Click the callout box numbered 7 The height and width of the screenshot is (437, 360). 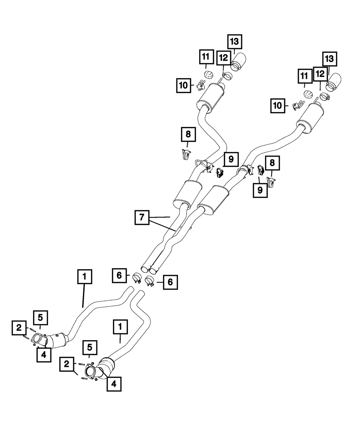click(x=142, y=217)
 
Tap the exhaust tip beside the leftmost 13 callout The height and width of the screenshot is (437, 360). click(x=238, y=62)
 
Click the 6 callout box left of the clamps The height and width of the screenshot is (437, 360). click(x=119, y=275)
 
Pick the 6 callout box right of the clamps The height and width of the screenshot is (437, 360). click(x=170, y=282)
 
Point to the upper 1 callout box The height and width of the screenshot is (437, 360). click(x=85, y=277)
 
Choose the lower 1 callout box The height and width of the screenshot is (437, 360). click(x=120, y=327)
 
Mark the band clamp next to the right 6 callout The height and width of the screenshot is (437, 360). click(x=150, y=281)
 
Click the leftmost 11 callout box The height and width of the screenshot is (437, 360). click(x=207, y=57)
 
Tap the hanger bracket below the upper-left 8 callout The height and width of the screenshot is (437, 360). click(x=186, y=154)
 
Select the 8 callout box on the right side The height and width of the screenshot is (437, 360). click(x=272, y=163)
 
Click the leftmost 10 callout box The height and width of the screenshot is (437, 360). click(x=184, y=85)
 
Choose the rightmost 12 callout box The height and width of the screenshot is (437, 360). click(x=320, y=74)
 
